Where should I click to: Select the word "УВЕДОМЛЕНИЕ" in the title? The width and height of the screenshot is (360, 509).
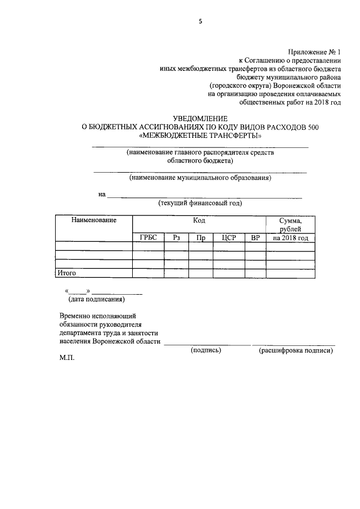tap(200, 119)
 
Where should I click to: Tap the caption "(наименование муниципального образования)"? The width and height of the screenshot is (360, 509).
tap(200, 178)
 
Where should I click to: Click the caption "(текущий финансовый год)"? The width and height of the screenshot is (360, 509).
tap(200, 204)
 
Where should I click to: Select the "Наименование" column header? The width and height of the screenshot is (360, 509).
tap(93, 220)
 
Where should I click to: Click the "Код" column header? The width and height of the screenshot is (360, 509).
tap(199, 220)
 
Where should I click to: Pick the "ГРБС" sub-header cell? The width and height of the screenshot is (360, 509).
tap(148, 238)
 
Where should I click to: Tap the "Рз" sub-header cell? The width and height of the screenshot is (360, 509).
tap(176, 238)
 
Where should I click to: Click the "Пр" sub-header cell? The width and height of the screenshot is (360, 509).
tap(200, 238)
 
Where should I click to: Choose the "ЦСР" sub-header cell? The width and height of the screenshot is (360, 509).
tap(228, 238)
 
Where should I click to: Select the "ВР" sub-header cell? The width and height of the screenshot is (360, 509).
tap(255, 238)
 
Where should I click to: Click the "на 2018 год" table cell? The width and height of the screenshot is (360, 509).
tap(290, 238)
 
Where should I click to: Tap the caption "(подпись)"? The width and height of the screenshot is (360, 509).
tap(206, 350)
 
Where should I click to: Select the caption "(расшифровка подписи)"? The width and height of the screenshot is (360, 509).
tap(295, 350)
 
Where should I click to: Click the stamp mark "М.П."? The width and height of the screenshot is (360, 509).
tap(66, 358)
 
